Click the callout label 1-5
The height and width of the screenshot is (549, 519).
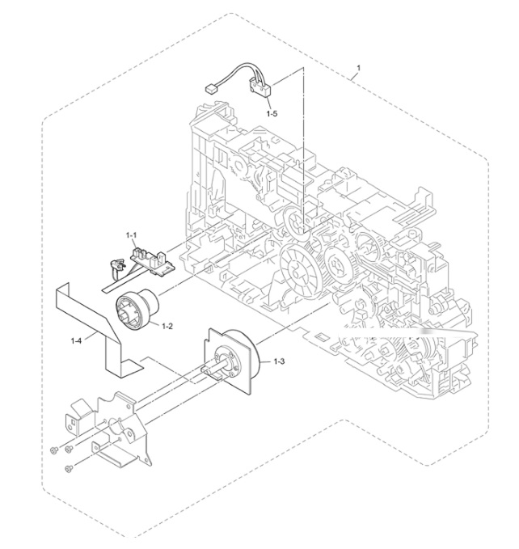pyautogui.click(x=272, y=113)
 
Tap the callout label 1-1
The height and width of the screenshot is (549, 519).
pyautogui.click(x=132, y=235)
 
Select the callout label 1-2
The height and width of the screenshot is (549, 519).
pyautogui.click(x=167, y=327)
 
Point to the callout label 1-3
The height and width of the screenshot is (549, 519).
pyautogui.click(x=279, y=361)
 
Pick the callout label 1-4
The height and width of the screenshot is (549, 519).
pyautogui.click(x=76, y=340)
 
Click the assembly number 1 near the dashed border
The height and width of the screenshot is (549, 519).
pyautogui.click(x=358, y=67)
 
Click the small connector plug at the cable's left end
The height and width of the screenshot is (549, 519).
pyautogui.click(x=209, y=90)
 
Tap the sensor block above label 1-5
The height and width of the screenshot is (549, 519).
pyautogui.click(x=260, y=88)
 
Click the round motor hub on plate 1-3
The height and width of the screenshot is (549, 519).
pyautogui.click(x=226, y=361)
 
